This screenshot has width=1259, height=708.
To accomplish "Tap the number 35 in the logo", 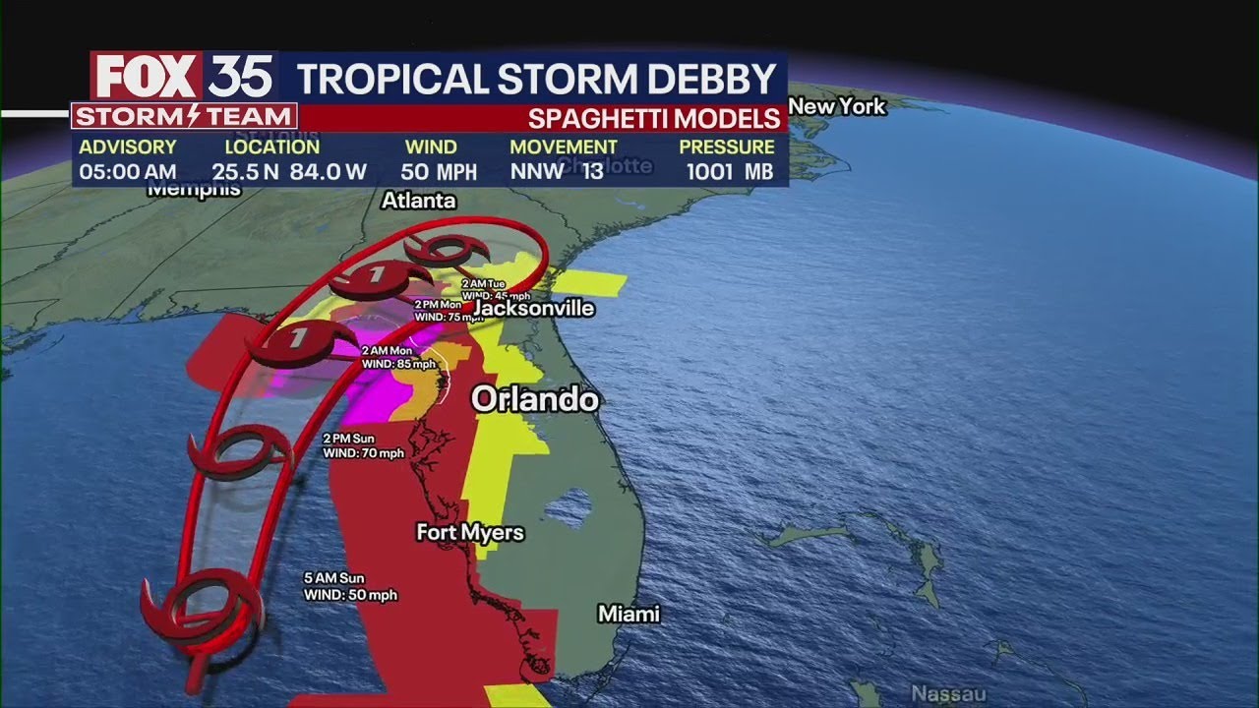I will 241,77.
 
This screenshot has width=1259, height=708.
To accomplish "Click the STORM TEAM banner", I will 184,117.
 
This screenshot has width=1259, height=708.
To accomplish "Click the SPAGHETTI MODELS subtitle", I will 654,119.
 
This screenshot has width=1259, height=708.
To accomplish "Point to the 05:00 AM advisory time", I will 127,172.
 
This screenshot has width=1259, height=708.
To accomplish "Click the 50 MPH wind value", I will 439,172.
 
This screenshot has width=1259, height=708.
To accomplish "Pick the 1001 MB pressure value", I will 731,172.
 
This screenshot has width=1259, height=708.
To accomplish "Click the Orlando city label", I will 535,399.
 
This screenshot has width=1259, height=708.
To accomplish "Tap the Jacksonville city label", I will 534,309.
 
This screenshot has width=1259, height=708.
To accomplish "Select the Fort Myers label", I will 470,533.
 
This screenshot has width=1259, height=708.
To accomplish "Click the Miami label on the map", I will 629,615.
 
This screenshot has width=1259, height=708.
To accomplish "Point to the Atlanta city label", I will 419,201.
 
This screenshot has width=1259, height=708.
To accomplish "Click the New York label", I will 837,106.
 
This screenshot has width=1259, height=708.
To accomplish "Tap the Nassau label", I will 947,693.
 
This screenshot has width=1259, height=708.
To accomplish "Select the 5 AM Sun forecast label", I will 333,578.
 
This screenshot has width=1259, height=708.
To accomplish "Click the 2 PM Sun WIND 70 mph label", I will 363,445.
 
